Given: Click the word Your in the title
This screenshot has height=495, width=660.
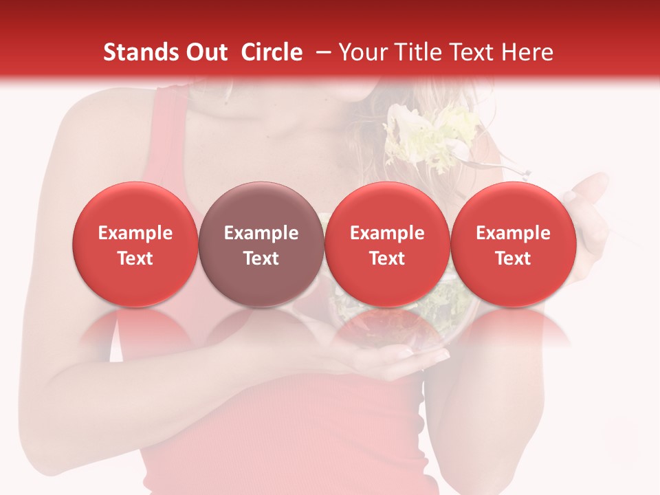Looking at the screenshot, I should coord(362,52).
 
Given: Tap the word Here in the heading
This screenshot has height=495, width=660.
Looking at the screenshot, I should coord(528,52).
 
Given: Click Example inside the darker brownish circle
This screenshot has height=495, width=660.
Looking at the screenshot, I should coord(261,233).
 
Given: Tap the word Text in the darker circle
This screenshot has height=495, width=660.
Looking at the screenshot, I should coord(261,258).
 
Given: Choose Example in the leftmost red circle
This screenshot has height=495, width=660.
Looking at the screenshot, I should coord(135,233).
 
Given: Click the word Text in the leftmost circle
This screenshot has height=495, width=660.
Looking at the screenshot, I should coord(135,258).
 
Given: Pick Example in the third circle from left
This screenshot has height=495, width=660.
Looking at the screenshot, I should coord(387,233).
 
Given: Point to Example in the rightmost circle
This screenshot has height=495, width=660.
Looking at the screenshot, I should coord(513,233).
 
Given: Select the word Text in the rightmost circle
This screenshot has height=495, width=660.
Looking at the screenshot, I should coord(513,258).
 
